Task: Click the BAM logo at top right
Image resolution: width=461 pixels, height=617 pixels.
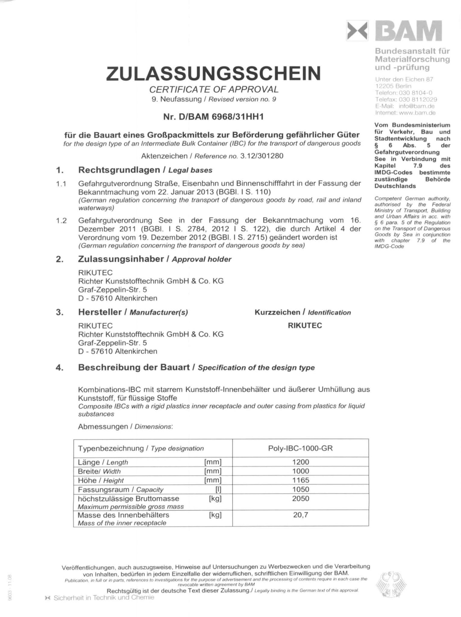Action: click(394, 31)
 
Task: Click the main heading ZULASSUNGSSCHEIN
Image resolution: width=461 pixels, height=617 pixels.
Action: click(213, 74)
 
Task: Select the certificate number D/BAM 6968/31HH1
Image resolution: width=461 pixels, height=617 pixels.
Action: click(213, 117)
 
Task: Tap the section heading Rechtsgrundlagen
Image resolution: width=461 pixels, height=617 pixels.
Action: click(119, 170)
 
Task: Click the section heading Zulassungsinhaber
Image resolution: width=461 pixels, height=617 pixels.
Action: click(121, 259)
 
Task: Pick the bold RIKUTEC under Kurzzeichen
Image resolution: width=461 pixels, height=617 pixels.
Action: click(305, 325)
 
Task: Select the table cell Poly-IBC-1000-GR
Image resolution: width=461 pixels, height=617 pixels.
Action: click(300, 448)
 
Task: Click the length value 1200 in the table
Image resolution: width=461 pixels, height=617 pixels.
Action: click(300, 462)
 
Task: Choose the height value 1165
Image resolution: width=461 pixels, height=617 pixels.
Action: click(300, 480)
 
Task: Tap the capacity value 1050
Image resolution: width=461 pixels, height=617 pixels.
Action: click(300, 489)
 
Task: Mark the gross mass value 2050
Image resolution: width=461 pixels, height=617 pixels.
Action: click(300, 498)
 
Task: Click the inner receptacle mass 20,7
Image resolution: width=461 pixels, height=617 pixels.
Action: click(300, 515)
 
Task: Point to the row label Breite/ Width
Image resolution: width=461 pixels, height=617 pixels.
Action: click(99, 471)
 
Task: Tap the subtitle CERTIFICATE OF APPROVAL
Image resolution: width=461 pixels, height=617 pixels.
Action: click(214, 89)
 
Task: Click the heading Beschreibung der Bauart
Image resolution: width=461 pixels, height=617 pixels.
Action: click(134, 367)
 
